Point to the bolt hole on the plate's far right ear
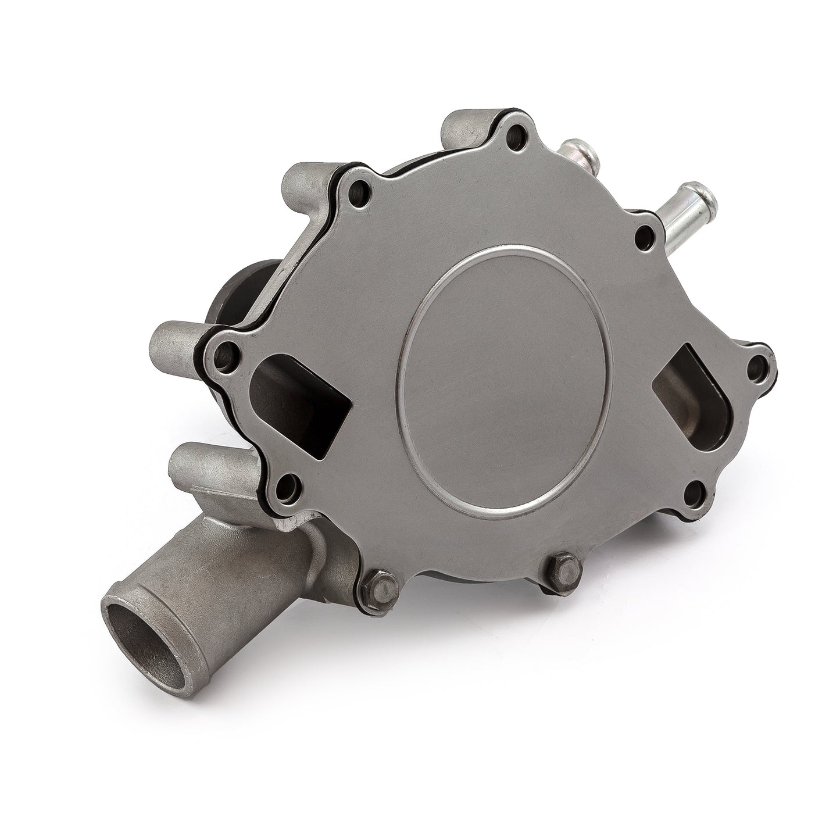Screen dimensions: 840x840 pos(757,365)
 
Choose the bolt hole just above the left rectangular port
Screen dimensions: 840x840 pos(225,352)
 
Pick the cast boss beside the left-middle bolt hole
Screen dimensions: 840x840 pos(174,346)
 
